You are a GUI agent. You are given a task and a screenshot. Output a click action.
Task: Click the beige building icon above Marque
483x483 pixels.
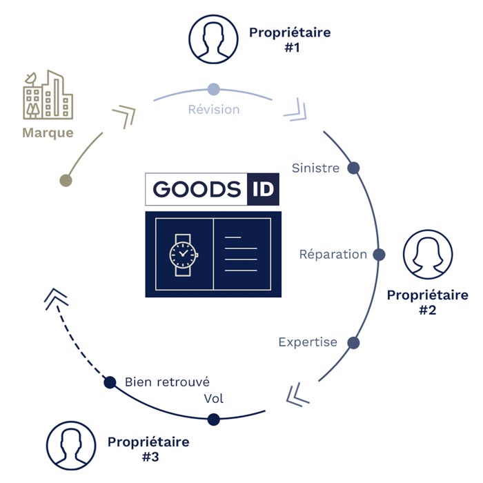pyautogui.click(x=48, y=95)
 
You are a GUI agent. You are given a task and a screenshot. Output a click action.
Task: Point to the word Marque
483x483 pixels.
pyautogui.click(x=48, y=133)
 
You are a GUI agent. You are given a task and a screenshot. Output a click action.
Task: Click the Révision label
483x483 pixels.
pyautogui.click(x=214, y=109)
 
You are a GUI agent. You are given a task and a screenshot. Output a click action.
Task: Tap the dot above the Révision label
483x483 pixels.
pyautogui.click(x=214, y=89)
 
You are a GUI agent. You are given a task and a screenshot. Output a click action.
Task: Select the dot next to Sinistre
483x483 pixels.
pyautogui.click(x=353, y=168)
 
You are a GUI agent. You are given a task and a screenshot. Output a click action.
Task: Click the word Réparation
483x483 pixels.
pyautogui.click(x=333, y=255)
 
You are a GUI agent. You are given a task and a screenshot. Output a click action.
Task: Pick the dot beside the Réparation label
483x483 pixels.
pyautogui.click(x=379, y=255)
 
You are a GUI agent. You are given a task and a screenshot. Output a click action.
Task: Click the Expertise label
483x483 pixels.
pyautogui.click(x=308, y=342)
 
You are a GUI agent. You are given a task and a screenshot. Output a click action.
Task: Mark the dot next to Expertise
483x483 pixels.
pyautogui.click(x=353, y=342)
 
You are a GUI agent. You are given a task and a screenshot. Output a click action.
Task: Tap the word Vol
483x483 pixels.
pyautogui.click(x=213, y=399)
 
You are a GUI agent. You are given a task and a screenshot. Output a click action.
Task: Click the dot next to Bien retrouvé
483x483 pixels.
pyautogui.click(x=110, y=382)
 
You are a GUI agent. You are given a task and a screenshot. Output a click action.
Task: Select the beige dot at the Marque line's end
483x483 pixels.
pyautogui.click(x=66, y=180)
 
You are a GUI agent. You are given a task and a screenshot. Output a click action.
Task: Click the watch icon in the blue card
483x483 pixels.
pyautogui.click(x=184, y=255)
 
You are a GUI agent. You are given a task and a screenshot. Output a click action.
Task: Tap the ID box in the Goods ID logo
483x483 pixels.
pyautogui.click(x=263, y=189)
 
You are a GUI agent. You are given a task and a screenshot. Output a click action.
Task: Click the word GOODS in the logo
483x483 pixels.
pyautogui.click(x=197, y=189)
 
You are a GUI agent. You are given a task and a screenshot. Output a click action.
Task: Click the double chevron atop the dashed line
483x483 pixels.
pyautogui.click(x=57, y=299)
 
